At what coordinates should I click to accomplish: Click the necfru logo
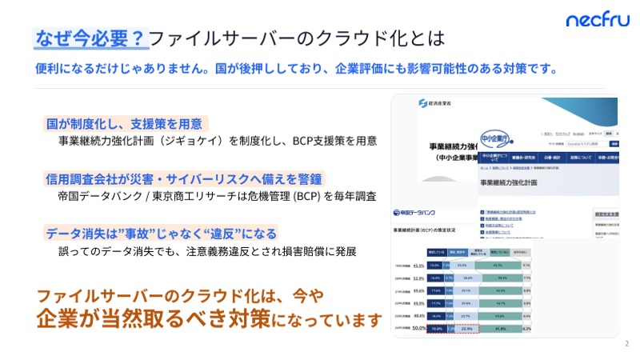point(598,20)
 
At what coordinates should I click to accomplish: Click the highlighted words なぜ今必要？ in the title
point(90,38)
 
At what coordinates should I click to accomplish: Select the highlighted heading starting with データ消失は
point(161,234)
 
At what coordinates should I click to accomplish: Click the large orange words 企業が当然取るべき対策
point(151,318)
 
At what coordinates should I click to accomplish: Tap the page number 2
point(626,344)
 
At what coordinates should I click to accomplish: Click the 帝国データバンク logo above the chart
point(418,213)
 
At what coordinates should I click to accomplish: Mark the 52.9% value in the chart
point(418,278)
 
